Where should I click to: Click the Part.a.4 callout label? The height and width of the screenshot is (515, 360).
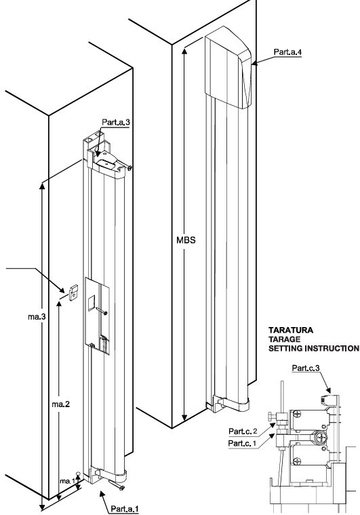pyautogui.click(x=287, y=52)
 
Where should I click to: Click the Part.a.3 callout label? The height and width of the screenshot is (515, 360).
pyautogui.click(x=115, y=122)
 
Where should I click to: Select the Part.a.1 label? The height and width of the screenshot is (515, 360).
pyautogui.click(x=125, y=509)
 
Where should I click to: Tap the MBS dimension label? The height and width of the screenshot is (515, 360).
pyautogui.click(x=186, y=240)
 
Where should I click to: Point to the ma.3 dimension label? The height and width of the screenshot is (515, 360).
pyautogui.click(x=37, y=317)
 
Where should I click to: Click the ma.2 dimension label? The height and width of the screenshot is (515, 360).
pyautogui.click(x=61, y=404)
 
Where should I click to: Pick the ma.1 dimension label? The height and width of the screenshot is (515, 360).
pyautogui.click(x=66, y=481)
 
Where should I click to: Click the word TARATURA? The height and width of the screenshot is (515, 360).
pyautogui.click(x=291, y=330)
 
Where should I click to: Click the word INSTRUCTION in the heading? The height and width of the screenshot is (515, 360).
pyautogui.click(x=332, y=348)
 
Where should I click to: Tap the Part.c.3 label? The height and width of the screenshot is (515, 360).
pyautogui.click(x=306, y=368)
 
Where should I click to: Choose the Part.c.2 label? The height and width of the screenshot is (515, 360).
pyautogui.click(x=243, y=432)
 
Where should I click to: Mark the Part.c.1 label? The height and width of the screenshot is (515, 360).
pyautogui.click(x=242, y=443)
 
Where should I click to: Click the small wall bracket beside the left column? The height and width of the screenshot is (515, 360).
pyautogui.click(x=74, y=292)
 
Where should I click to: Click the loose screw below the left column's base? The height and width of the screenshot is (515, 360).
pyautogui.click(x=117, y=485)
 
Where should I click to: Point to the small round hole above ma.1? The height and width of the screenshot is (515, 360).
pyautogui.click(x=78, y=473)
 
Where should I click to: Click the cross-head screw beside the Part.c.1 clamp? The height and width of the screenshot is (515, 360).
pyautogui.click(x=319, y=438)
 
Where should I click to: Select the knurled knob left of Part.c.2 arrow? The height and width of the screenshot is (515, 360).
pyautogui.click(x=270, y=417)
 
